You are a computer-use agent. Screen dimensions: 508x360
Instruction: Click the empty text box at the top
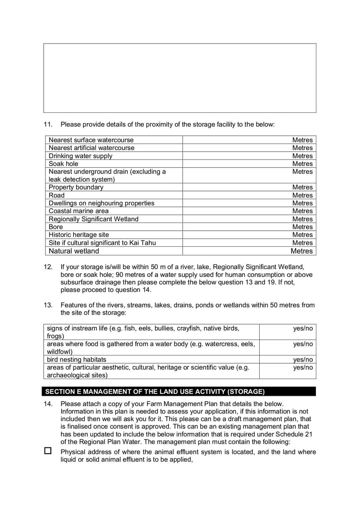coord(180,78)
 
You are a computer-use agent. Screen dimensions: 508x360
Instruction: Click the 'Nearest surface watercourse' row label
coord(91,140)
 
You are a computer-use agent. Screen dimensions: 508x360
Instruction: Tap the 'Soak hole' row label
coord(63,164)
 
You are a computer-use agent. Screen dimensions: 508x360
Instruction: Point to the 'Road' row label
coord(57,195)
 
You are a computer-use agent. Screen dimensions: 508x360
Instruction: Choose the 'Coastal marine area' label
coord(79,211)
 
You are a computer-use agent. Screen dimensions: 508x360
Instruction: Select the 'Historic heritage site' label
coord(79,235)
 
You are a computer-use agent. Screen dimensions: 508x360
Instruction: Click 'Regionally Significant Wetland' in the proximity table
coord(94,219)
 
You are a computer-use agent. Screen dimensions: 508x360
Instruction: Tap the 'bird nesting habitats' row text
coord(76,360)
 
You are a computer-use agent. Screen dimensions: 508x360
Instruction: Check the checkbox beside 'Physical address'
coord(48,451)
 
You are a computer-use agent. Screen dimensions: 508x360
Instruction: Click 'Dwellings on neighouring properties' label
coord(101,203)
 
